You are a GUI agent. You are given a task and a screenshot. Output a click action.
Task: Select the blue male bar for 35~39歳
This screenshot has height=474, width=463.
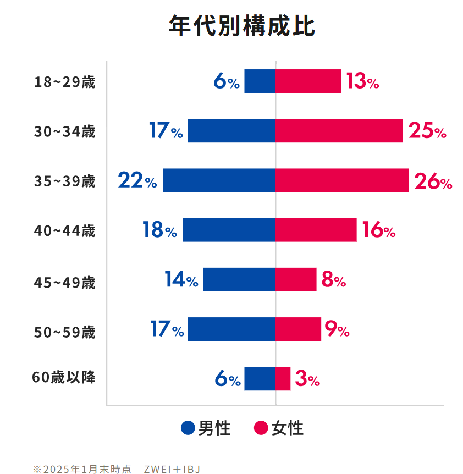(x=219, y=180)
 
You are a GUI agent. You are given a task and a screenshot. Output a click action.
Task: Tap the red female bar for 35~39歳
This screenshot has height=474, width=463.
(x=341, y=180)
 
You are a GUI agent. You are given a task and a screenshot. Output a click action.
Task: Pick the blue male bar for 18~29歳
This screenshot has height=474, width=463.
(x=260, y=81)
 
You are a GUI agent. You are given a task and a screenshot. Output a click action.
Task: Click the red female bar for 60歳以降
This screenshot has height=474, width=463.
(x=283, y=378)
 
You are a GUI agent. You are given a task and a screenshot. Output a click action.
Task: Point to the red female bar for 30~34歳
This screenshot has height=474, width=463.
(x=339, y=131)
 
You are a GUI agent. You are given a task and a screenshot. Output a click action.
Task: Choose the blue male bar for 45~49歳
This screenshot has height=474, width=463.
(x=239, y=279)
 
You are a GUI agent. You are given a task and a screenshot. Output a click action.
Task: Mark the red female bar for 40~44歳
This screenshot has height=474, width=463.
(x=316, y=230)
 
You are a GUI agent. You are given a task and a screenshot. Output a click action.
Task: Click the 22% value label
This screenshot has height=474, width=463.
(x=137, y=180)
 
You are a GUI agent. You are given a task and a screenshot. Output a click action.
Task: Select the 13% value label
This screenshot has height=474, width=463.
(x=362, y=82)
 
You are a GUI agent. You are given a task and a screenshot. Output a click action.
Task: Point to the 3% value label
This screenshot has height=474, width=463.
(x=307, y=379)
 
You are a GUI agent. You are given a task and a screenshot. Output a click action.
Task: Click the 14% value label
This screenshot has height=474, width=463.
(x=181, y=280)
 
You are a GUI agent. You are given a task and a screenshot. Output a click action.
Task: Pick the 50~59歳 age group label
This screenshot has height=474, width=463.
(x=65, y=333)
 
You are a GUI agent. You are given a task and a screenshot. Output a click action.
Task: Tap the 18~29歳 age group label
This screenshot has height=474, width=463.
(x=65, y=82)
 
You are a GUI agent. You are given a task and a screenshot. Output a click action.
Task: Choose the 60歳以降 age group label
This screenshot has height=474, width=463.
(x=64, y=378)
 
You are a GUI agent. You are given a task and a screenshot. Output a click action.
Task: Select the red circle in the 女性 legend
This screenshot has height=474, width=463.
(x=261, y=428)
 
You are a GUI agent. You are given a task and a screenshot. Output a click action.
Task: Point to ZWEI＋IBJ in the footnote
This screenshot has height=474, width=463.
(x=172, y=469)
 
